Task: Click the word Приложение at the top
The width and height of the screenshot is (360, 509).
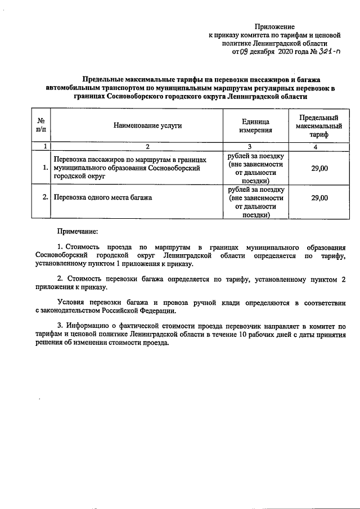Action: point(274,26)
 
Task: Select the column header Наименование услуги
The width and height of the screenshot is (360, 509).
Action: point(147,125)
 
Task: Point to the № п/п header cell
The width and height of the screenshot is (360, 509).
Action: point(40,125)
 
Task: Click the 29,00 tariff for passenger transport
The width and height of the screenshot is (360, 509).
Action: point(319,168)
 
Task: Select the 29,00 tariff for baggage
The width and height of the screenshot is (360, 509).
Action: point(319,198)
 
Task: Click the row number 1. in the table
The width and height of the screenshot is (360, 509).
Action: point(45,168)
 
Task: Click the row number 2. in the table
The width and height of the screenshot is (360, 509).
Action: point(45,198)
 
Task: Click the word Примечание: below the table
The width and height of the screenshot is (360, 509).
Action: point(78,231)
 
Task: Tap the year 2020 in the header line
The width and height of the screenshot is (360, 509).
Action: point(286,52)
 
